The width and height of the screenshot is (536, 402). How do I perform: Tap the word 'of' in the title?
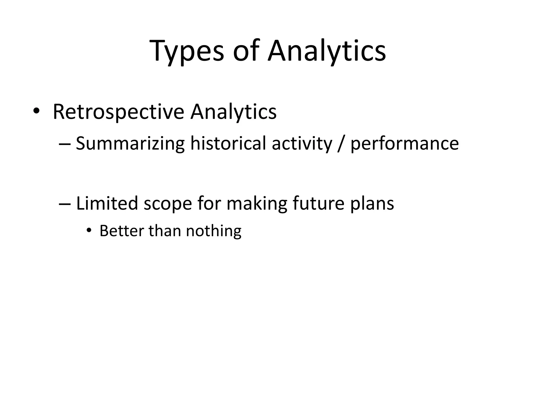pos(246,51)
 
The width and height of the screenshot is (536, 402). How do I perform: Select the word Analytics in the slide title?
pos(326,51)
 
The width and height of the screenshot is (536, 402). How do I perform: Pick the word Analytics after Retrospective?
pos(233,112)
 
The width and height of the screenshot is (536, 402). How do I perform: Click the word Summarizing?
pos(130,144)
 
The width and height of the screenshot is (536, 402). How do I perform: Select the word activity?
pos(302,144)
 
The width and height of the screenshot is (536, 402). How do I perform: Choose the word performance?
pos(404,144)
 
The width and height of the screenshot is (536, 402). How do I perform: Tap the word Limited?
pos(107,204)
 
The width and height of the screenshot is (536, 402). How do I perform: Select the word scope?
pos(168,204)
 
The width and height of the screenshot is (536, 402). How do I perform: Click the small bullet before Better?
pos(89,230)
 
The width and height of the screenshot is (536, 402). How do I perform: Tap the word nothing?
pos(214,231)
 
